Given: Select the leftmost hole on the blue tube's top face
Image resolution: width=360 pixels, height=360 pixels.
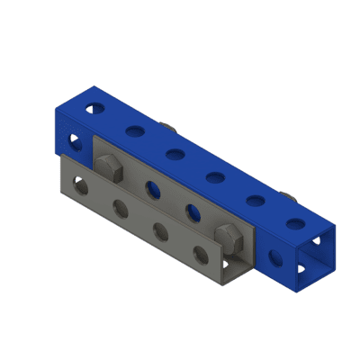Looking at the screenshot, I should (94, 109).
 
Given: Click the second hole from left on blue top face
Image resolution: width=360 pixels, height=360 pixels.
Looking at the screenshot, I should (134, 132).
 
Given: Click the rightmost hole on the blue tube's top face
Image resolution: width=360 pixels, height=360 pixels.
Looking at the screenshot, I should (294, 222).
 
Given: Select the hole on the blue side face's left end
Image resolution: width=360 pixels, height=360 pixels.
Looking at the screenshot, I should (75, 140).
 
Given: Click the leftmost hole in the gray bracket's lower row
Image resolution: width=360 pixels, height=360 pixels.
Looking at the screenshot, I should (80, 188).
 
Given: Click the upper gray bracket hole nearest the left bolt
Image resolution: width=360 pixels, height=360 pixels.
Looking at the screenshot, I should (152, 189).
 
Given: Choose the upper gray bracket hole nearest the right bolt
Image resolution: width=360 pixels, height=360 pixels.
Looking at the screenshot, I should (192, 212).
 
